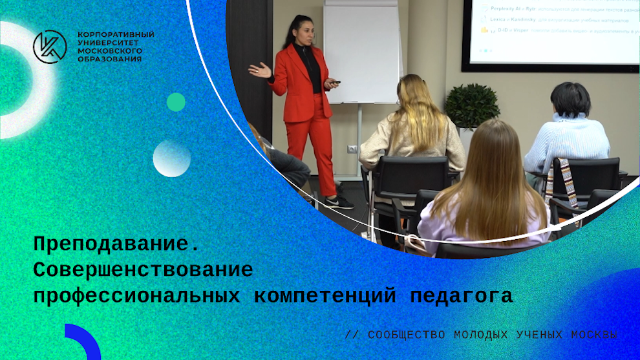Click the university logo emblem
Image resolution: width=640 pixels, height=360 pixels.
[x=50, y=47]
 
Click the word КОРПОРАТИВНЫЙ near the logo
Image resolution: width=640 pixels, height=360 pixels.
[x=116, y=34]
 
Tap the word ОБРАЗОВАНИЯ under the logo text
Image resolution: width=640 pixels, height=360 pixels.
[x=109, y=59]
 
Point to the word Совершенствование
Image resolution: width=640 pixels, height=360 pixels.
[x=143, y=270]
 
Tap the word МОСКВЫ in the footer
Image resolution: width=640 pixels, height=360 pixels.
[x=594, y=335]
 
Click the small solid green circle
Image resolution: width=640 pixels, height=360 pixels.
[x=176, y=102]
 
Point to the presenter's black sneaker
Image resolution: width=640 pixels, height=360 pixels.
[x=340, y=202]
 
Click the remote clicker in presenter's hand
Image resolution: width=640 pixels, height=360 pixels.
[x=336, y=82]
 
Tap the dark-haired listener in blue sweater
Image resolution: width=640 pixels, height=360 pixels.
[x=567, y=129]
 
